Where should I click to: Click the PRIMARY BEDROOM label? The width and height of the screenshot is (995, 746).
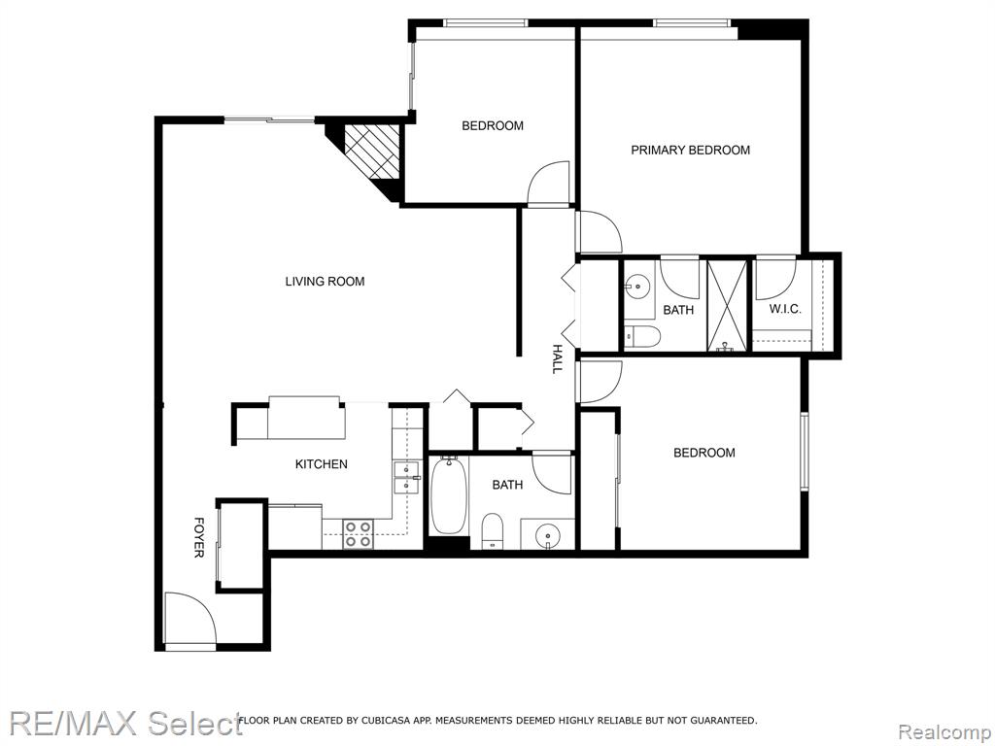691,151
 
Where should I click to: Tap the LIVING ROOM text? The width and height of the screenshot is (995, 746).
325,281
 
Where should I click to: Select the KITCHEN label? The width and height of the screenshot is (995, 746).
321,464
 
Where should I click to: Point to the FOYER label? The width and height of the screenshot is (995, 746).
198,538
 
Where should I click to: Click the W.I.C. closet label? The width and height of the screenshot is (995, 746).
785,310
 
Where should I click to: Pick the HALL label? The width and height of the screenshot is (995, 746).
557,359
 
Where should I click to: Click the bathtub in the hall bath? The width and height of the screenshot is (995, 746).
449,494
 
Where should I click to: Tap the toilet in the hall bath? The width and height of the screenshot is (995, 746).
493,530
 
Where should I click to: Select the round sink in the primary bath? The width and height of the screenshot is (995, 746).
635,287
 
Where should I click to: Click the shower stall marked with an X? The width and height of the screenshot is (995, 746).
727,305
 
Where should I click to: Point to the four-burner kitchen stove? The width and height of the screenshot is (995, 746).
358,533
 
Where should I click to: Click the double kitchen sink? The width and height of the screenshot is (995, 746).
406,478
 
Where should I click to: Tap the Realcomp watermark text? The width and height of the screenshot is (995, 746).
944,731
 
